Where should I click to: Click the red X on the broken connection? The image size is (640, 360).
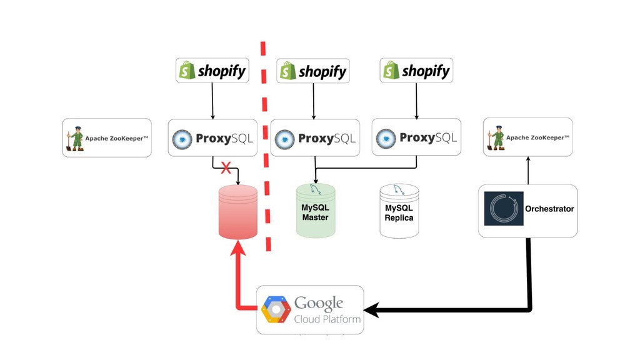pos(226,168)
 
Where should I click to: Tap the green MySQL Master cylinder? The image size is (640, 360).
pos(316,211)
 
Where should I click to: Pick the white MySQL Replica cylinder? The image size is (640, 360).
pos(399,211)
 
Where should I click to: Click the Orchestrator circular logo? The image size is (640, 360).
pos(504,209)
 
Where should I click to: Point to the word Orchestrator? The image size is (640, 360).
pos(549,209)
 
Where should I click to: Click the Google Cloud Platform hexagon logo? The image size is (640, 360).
pos(276,309)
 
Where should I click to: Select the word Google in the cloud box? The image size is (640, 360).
pos(319,304)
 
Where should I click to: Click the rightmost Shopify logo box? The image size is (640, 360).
pos(416,71)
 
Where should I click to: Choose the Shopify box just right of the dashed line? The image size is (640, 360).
pos(313,71)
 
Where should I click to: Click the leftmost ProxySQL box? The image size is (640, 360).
pos(213,137)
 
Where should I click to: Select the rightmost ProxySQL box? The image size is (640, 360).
pos(416,137)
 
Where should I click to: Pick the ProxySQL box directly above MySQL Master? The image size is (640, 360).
pos(315,137)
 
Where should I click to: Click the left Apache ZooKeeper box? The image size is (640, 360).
pos(107,137)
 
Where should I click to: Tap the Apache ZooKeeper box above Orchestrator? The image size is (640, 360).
pos(527,137)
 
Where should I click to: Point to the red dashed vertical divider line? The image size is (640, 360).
pos(267,144)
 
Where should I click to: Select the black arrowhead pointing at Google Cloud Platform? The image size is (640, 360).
pos(370,309)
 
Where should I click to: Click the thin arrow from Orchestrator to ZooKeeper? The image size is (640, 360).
pos(528,170)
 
